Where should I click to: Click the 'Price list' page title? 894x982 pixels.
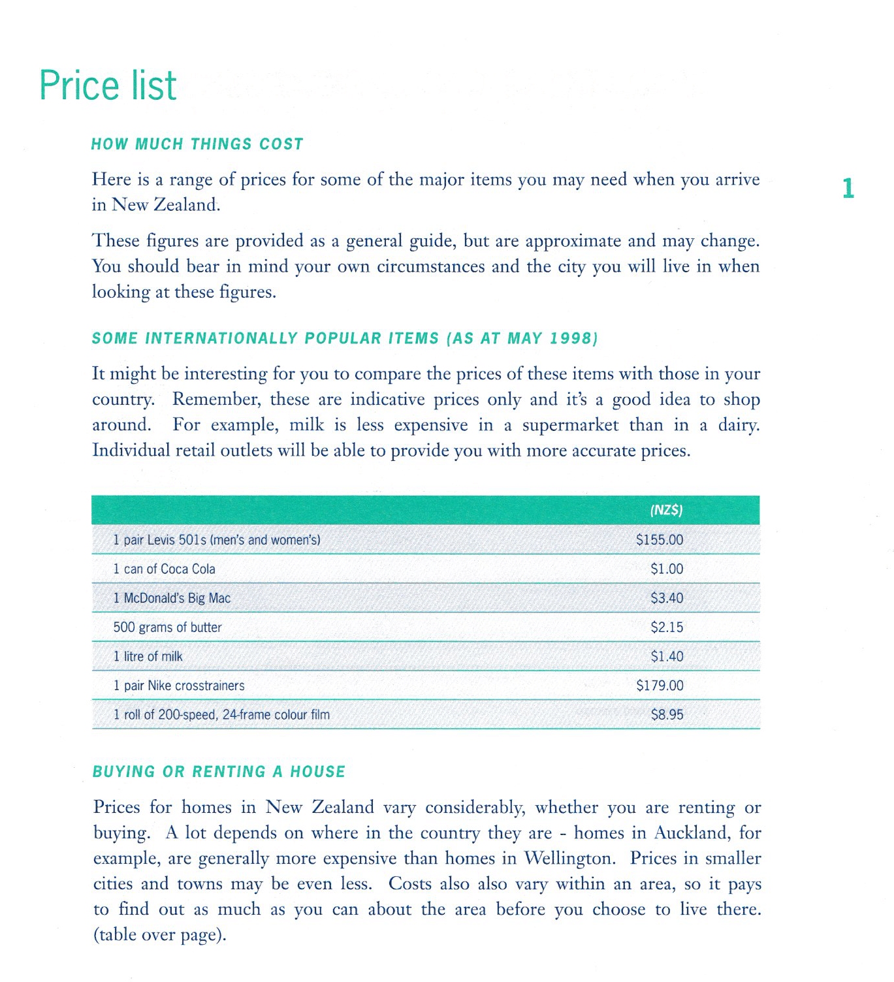pyautogui.click(x=108, y=86)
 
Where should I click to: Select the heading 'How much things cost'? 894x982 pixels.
pyautogui.click(x=197, y=144)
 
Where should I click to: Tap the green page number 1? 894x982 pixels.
pyautogui.click(x=848, y=189)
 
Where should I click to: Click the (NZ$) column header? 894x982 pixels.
pyautogui.click(x=666, y=511)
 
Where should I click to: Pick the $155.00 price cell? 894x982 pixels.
pyautogui.click(x=660, y=540)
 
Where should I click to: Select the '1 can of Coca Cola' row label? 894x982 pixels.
pyautogui.click(x=164, y=569)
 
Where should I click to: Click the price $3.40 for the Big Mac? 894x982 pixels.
pyautogui.click(x=667, y=598)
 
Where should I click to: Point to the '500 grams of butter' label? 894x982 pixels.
pyautogui.click(x=167, y=627)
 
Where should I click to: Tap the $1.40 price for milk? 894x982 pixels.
pyautogui.click(x=667, y=657)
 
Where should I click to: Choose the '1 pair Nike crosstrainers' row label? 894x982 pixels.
pyautogui.click(x=179, y=686)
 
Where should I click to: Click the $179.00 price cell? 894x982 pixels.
pyautogui.click(x=660, y=686)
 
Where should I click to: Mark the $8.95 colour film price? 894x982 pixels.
pyautogui.click(x=667, y=715)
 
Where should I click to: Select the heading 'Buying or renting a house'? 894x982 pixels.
pyautogui.click(x=219, y=772)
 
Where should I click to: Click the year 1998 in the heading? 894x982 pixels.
pyautogui.click(x=573, y=339)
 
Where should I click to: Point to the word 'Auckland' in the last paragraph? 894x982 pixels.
pyautogui.click(x=695, y=833)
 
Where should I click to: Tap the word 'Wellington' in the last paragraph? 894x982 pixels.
pyautogui.click(x=569, y=859)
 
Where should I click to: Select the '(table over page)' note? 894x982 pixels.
pyautogui.click(x=160, y=935)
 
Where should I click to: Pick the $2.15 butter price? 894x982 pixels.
pyautogui.click(x=667, y=627)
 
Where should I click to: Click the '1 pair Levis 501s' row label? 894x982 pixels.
pyautogui.click(x=217, y=540)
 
